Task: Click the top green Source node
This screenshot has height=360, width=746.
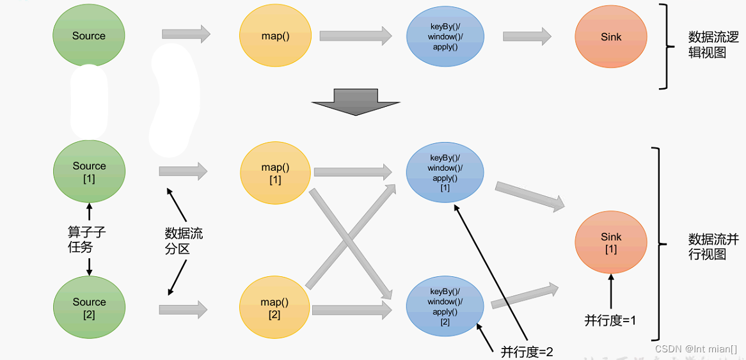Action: pos(88,36)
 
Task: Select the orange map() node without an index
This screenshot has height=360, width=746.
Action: pos(275,36)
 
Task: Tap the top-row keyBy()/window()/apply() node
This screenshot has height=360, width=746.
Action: pos(445,37)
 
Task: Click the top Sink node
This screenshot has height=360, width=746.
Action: pos(610,37)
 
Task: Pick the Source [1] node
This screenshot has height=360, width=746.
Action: pos(88,172)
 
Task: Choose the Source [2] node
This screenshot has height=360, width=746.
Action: pos(88,308)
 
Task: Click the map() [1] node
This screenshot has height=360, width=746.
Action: pos(275,173)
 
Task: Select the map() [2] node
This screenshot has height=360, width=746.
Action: pos(275,309)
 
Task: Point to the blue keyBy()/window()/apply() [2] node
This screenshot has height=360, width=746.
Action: pos(445,307)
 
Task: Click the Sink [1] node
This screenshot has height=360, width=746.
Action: pos(610,243)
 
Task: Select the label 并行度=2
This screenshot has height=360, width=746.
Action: pos(527,350)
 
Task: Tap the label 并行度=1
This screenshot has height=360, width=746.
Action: pos(610,320)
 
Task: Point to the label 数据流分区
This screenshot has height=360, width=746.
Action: pos(183,241)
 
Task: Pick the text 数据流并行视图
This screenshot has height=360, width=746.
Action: pos(713,247)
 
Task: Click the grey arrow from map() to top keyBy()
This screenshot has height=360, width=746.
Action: pos(355,36)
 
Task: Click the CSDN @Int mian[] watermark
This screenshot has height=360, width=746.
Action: pos(695,349)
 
